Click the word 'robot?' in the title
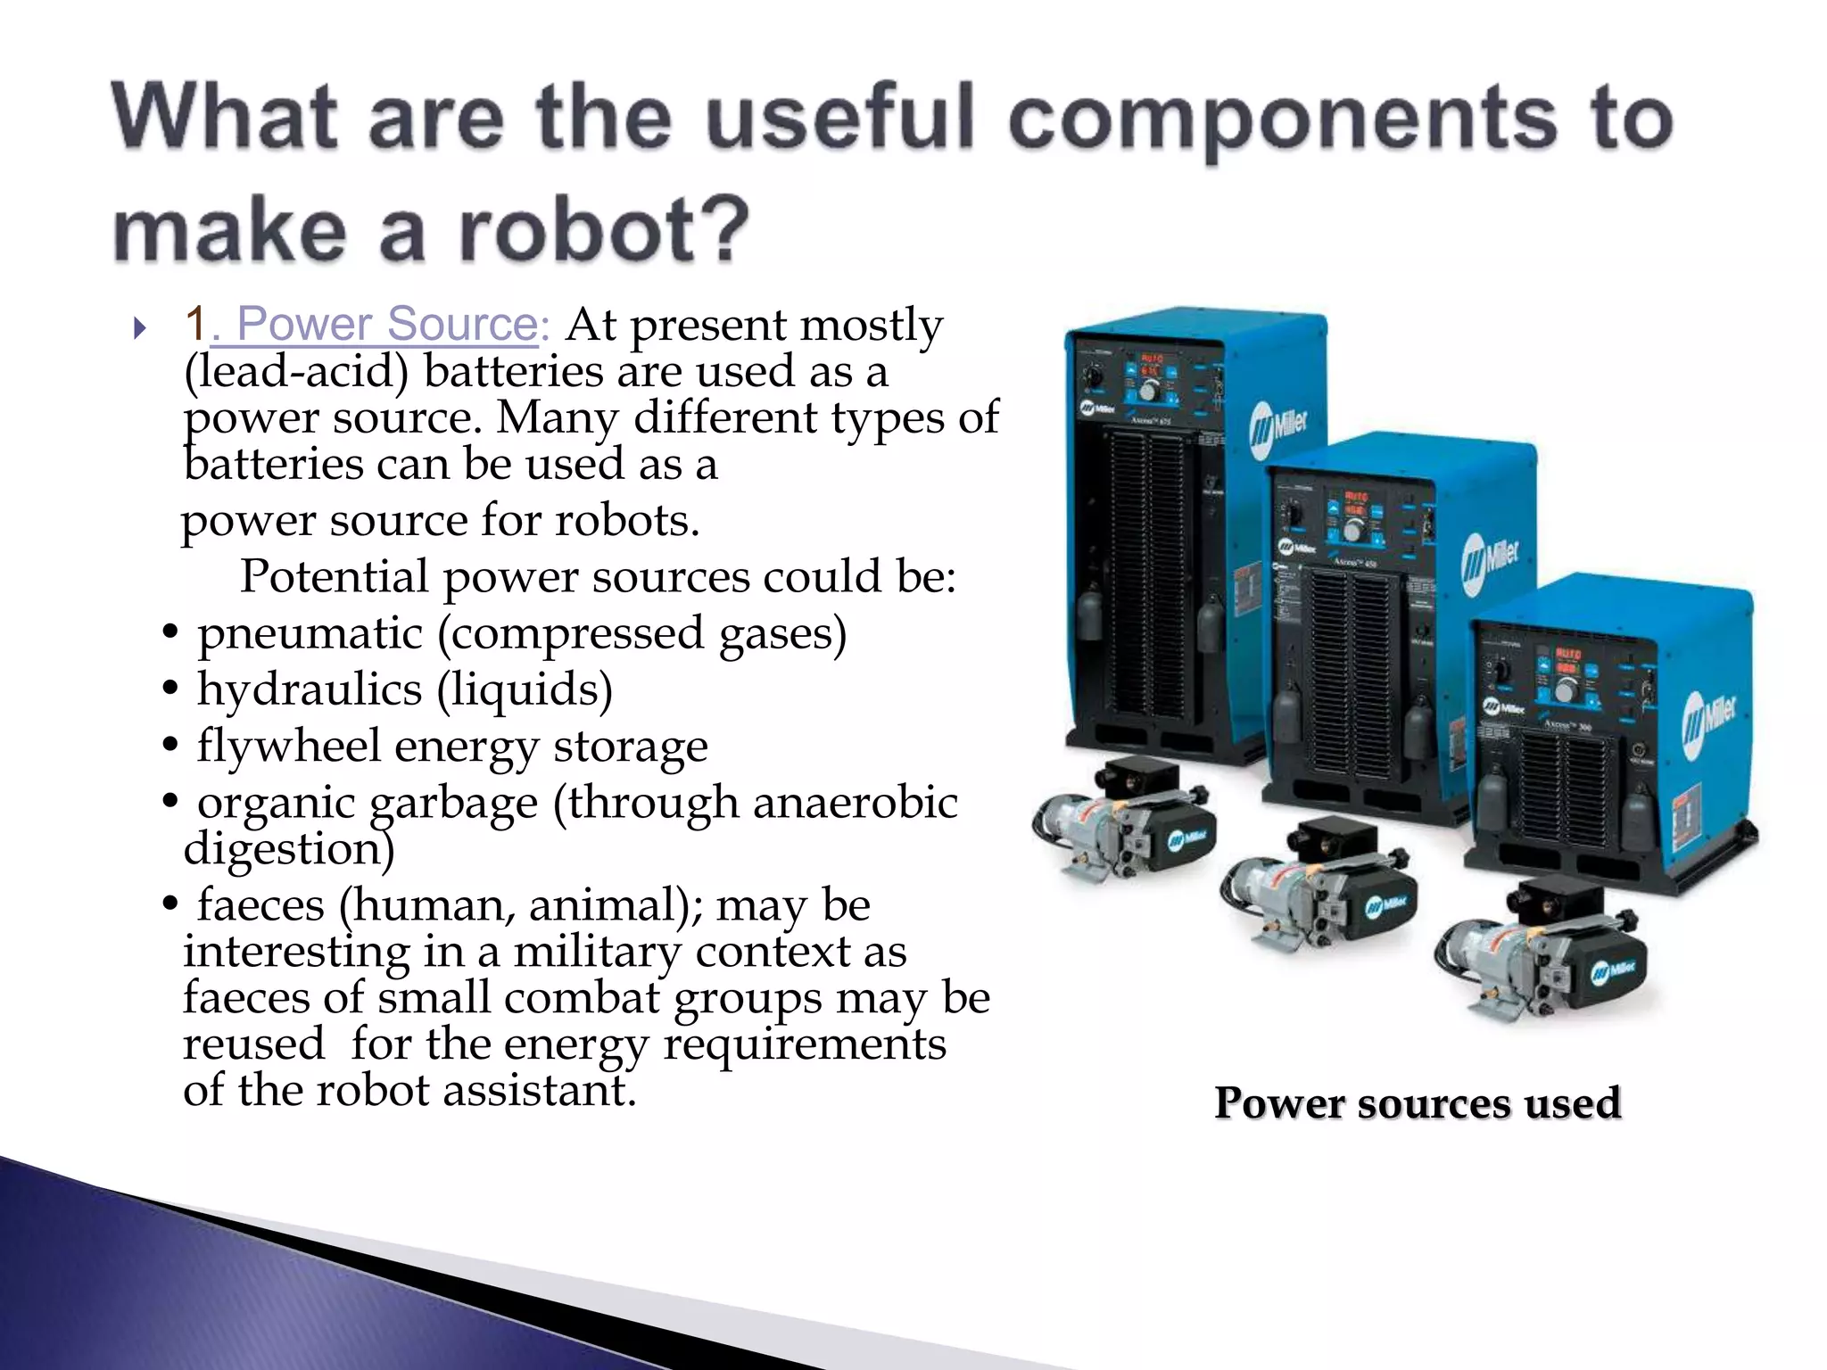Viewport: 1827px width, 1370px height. (604, 229)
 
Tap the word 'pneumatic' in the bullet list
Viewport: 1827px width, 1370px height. (310, 633)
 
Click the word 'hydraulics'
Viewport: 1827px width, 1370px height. (310, 689)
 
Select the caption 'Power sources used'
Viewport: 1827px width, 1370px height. (1417, 1103)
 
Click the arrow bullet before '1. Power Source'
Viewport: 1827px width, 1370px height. (139, 328)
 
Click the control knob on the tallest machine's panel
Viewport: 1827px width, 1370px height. (1148, 391)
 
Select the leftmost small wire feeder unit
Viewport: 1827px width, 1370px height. (1125, 821)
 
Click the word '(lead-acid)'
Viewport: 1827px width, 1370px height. (296, 371)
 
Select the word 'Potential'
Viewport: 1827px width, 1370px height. (335, 576)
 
